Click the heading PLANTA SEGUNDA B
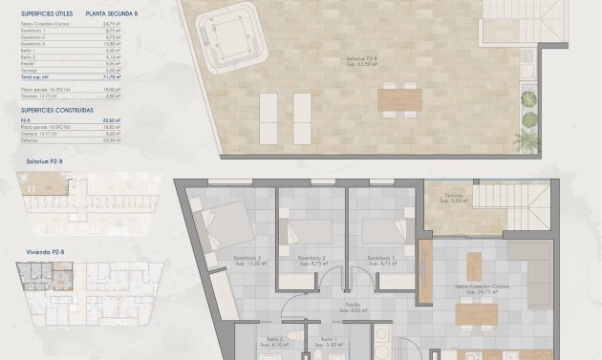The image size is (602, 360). (x=111, y=13)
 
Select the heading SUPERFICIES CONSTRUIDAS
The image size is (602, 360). (x=56, y=111)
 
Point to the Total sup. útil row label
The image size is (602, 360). (x=34, y=76)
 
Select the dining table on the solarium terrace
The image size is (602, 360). (x=399, y=98)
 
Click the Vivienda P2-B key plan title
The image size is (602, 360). (x=45, y=251)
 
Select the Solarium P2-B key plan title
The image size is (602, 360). (x=45, y=161)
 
